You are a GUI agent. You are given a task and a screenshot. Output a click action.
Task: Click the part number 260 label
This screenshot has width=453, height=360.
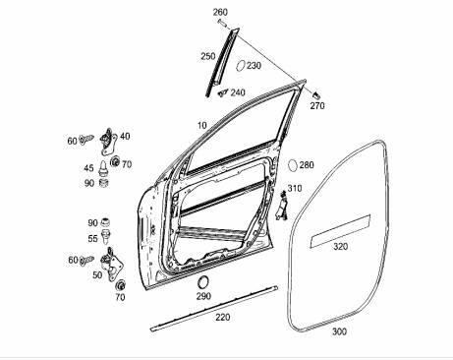point(220,12)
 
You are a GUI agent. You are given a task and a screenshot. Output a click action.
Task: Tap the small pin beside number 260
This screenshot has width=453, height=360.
point(222,23)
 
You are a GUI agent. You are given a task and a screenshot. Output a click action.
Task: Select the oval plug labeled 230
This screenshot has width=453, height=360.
point(241,65)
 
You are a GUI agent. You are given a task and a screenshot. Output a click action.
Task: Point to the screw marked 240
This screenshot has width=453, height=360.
point(223,92)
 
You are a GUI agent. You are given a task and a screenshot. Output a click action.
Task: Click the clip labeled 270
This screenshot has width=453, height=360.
point(315,95)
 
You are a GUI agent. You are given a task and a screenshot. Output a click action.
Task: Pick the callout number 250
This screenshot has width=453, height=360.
point(208,56)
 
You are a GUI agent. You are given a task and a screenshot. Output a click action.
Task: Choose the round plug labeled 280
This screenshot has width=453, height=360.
point(293,165)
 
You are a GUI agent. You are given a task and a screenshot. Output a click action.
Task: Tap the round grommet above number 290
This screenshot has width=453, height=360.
point(203,282)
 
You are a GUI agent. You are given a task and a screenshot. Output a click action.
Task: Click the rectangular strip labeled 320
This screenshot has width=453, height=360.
point(340,231)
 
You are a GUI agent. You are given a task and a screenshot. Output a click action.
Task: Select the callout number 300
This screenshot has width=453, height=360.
point(339,331)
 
